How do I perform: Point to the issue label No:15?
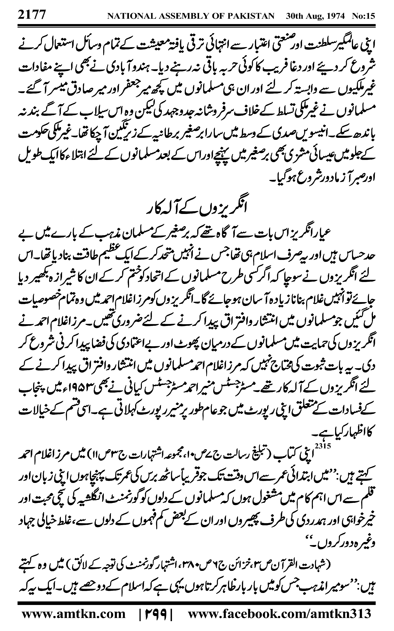click(x=363, y=16)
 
